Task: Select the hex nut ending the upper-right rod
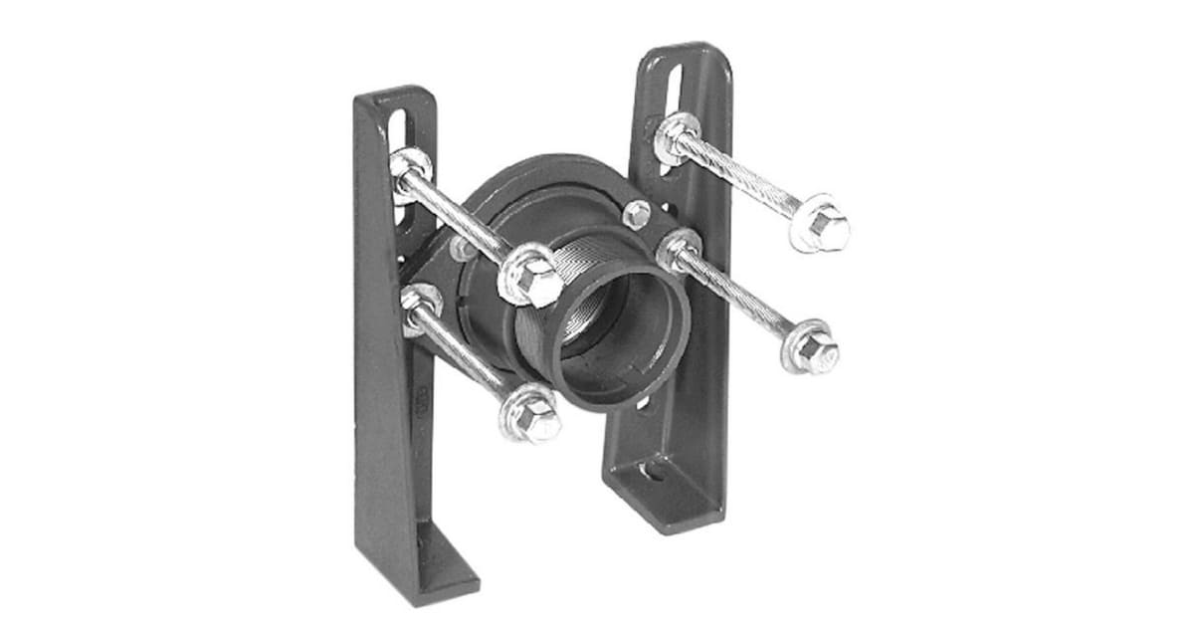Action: tap(822, 229)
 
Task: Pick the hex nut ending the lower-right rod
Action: tap(812, 348)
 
